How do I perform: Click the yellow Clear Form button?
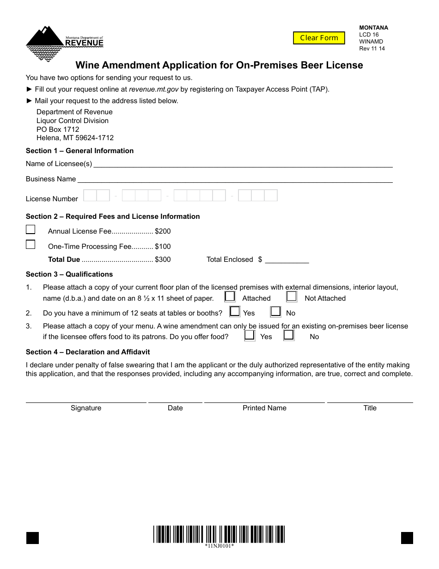coord(319,38)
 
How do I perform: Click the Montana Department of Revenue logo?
coord(64,43)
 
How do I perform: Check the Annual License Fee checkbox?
coord(30,230)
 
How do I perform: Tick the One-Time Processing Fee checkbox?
coord(30,245)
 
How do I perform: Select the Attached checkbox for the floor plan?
coord(230,297)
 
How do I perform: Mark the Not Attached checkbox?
coord(291,297)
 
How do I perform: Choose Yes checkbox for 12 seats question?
coord(235,311)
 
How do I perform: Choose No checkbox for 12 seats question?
coord(276,311)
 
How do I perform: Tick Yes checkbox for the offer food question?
coord(250,335)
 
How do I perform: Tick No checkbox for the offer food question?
coord(289,335)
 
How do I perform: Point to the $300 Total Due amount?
coord(163,260)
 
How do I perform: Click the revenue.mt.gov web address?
coord(153,89)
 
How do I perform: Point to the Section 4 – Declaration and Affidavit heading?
coord(88,352)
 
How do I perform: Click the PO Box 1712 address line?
coord(58,130)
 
